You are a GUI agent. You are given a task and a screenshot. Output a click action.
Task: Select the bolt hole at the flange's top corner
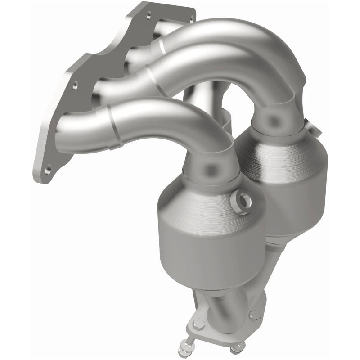click(148, 16)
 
